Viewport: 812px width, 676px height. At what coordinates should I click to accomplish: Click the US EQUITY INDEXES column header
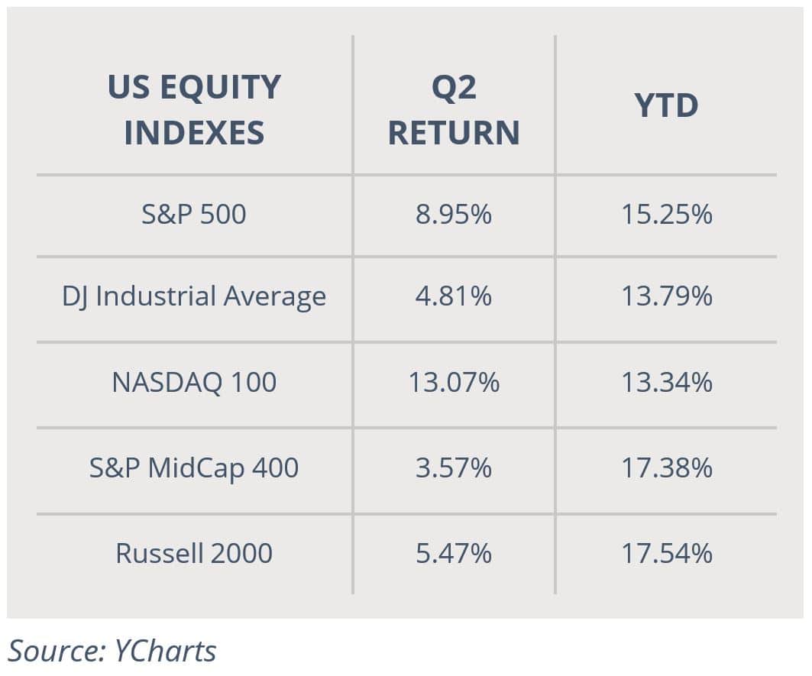pyautogui.click(x=194, y=109)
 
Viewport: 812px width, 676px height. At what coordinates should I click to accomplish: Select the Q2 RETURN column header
pyautogui.click(x=454, y=109)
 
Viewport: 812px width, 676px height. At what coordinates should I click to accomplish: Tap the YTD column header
pyautogui.click(x=667, y=105)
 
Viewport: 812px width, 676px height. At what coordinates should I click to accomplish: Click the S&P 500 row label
pyautogui.click(x=194, y=214)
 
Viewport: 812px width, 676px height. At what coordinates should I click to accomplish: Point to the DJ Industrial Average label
pyautogui.click(x=194, y=297)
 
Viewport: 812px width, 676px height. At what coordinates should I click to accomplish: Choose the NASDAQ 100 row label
pyautogui.click(x=194, y=382)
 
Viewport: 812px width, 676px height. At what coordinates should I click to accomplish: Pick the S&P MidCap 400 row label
pyautogui.click(x=194, y=467)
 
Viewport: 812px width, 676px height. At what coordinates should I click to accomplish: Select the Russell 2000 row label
pyautogui.click(x=194, y=553)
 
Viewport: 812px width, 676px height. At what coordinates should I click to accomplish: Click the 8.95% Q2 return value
pyautogui.click(x=454, y=214)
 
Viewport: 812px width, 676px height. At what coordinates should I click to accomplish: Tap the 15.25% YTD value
pyautogui.click(x=667, y=214)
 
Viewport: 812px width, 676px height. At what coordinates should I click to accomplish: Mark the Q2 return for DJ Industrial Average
pyautogui.click(x=454, y=296)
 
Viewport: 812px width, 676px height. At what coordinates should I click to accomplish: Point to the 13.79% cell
pyautogui.click(x=667, y=296)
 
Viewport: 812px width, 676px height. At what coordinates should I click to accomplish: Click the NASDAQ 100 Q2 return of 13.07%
pyautogui.click(x=454, y=382)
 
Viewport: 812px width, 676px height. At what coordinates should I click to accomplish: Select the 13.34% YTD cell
pyautogui.click(x=667, y=382)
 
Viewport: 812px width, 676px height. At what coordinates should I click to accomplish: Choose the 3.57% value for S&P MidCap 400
pyautogui.click(x=454, y=467)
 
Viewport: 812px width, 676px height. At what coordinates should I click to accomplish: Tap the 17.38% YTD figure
pyautogui.click(x=667, y=467)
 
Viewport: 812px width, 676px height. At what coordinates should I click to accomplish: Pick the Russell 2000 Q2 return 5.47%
pyautogui.click(x=454, y=553)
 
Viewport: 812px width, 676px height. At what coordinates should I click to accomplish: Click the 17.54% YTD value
pyautogui.click(x=667, y=553)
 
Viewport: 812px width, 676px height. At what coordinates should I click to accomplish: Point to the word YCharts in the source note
pyautogui.click(x=165, y=651)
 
